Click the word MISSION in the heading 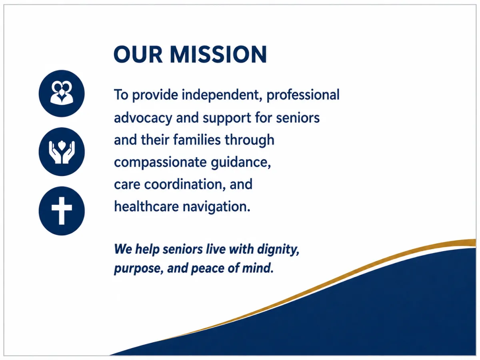[218, 54]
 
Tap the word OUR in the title [138, 54]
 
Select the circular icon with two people [62, 93]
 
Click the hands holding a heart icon [62, 152]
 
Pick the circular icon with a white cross [62, 211]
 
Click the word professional [303, 96]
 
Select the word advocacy [143, 118]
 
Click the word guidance [241, 162]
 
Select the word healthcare [146, 206]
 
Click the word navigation [216, 207]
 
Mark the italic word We [123, 249]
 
